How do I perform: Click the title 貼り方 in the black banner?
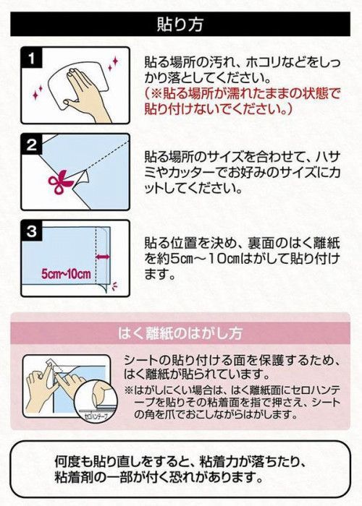[x=180, y=25]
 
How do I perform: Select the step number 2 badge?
[x=32, y=145]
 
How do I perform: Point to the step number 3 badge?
[x=32, y=231]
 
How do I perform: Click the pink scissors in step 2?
[x=60, y=181]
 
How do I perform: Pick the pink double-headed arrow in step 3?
[x=103, y=257]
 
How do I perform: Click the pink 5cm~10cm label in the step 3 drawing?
[x=67, y=274]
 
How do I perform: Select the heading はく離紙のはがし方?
[x=180, y=333]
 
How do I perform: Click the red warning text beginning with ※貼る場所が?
[x=242, y=101]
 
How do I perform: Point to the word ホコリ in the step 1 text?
[x=266, y=62]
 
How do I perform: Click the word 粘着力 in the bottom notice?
[x=219, y=462]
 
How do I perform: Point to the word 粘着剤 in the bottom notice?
[x=73, y=477]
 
